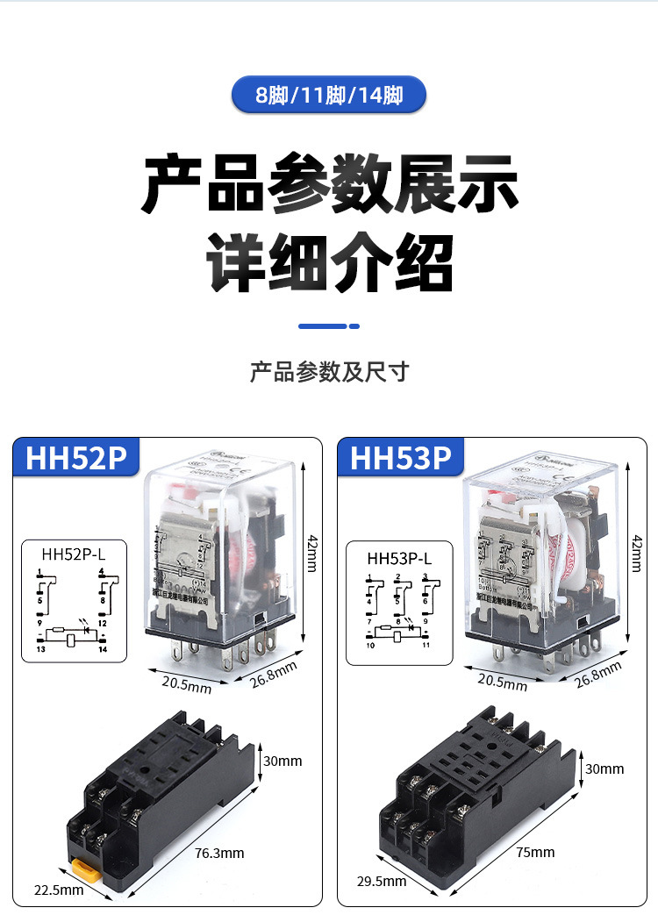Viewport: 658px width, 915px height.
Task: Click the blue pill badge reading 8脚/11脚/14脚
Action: (328, 95)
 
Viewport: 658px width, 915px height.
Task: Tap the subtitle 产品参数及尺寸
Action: (329, 371)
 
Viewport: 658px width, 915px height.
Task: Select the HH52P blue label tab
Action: (76, 458)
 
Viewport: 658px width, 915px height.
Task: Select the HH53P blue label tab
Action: (401, 458)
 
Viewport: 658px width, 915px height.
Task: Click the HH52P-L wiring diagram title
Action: (74, 554)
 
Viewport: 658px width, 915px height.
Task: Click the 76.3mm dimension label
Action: (219, 853)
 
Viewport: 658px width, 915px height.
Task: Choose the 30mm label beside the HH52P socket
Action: (283, 761)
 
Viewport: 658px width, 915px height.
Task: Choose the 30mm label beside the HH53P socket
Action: (604, 768)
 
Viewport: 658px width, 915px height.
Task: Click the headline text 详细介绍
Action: (329, 261)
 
